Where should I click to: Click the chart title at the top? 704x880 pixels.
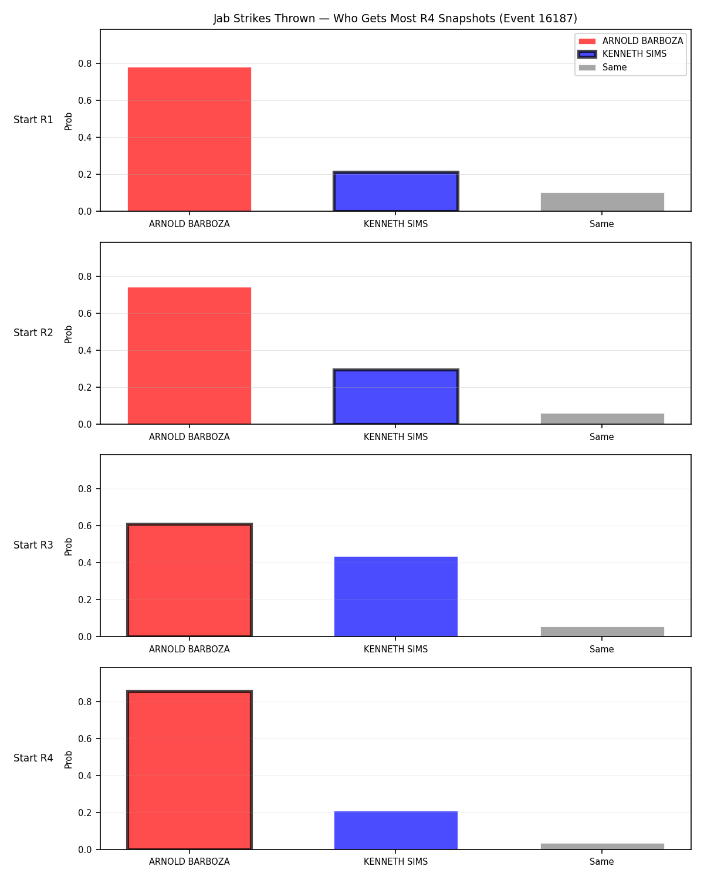(x=395, y=18)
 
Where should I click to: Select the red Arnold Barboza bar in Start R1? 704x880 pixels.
(x=189, y=139)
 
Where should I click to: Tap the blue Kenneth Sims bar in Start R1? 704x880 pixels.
(x=395, y=191)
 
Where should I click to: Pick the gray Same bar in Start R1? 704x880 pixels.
(x=602, y=202)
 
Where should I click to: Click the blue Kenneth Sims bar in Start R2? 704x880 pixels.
(x=395, y=396)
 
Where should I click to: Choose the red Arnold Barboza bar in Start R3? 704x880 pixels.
(x=189, y=580)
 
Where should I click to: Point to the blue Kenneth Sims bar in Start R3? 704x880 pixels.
(x=395, y=596)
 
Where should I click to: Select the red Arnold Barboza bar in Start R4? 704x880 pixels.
(x=189, y=770)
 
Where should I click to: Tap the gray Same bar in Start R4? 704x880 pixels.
(x=602, y=846)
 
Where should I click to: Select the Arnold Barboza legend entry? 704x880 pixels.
(x=630, y=41)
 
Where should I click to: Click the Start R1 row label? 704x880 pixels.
(x=33, y=120)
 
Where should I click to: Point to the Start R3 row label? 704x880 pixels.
(x=33, y=544)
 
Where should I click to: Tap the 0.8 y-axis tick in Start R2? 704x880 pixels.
(x=84, y=276)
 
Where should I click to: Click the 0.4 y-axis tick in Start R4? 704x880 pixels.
(x=84, y=776)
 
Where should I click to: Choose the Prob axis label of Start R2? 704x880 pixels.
(x=68, y=334)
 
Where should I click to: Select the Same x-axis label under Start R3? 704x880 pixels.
(x=601, y=649)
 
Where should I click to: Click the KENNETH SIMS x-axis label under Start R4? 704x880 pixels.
(x=395, y=861)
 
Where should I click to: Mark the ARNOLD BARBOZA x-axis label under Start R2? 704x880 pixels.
(x=189, y=436)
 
